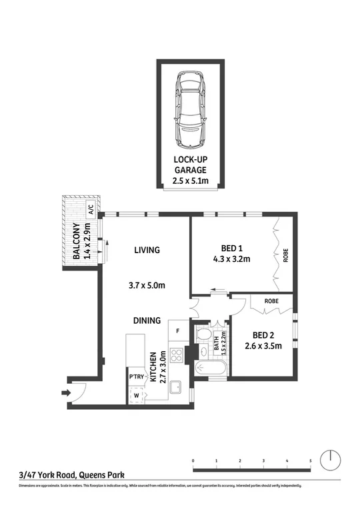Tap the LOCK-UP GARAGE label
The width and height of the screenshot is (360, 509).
point(192,170)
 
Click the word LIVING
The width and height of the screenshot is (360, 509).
point(147,251)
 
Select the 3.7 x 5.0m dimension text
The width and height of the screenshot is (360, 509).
point(146,285)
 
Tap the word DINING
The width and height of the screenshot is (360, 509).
point(146,320)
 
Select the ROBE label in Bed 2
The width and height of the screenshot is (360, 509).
point(271,301)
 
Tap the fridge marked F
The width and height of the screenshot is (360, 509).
point(177,330)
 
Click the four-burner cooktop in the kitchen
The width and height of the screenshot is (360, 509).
point(177,355)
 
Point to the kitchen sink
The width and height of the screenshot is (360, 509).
point(176,387)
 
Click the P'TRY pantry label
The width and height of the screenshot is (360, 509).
point(136,378)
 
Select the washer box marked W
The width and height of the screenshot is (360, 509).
point(136,394)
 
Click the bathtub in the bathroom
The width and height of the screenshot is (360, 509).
point(209,368)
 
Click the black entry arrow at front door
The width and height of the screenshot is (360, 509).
point(65,394)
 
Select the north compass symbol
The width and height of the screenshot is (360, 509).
point(330,460)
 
